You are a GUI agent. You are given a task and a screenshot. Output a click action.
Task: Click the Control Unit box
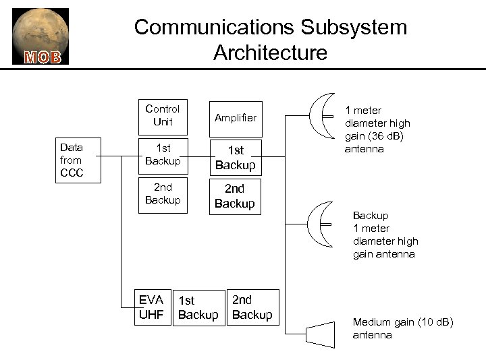[163, 115]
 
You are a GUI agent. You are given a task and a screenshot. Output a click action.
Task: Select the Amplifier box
[235, 117]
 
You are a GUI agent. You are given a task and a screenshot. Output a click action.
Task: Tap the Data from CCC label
[71, 160]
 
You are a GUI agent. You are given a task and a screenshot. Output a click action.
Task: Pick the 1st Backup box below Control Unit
[163, 154]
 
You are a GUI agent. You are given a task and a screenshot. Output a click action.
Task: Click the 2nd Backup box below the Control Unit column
[163, 194]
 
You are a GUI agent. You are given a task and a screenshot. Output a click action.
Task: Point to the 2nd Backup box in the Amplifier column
[235, 196]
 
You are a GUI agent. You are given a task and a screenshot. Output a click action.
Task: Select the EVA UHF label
[151, 307]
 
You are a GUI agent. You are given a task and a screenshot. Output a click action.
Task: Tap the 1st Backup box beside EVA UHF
[197, 307]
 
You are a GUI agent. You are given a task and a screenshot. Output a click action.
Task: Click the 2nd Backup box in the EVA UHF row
[252, 307]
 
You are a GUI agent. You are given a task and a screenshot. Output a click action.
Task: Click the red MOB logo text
[43, 56]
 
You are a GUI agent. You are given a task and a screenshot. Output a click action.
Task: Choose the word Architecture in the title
[270, 52]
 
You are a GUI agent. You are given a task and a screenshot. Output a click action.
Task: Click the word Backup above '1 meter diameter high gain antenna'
[371, 216]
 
